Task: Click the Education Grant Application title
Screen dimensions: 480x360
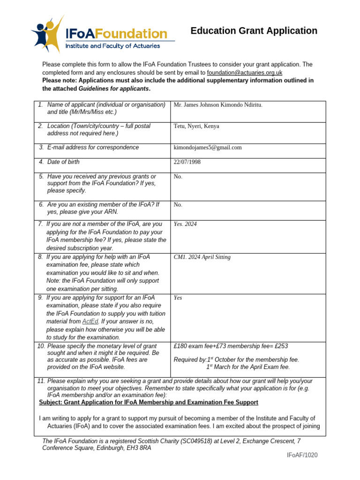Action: click(254, 31)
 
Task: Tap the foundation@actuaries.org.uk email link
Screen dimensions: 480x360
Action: click(244, 73)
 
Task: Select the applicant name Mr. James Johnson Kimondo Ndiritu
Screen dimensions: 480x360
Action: click(218, 105)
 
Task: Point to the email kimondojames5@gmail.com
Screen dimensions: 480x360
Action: click(208, 148)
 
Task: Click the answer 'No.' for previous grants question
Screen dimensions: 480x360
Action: click(178, 177)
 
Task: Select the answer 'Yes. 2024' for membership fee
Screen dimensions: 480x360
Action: click(185, 225)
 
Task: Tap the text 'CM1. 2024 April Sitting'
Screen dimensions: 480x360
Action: click(202, 257)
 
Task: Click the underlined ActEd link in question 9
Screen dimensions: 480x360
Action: click(90, 322)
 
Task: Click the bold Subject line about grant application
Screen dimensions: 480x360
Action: click(148, 403)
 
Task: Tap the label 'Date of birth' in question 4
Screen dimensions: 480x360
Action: click(63, 162)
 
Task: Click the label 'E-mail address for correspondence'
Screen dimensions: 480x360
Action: click(93, 148)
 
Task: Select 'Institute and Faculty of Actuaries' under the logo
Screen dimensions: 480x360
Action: click(112, 46)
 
